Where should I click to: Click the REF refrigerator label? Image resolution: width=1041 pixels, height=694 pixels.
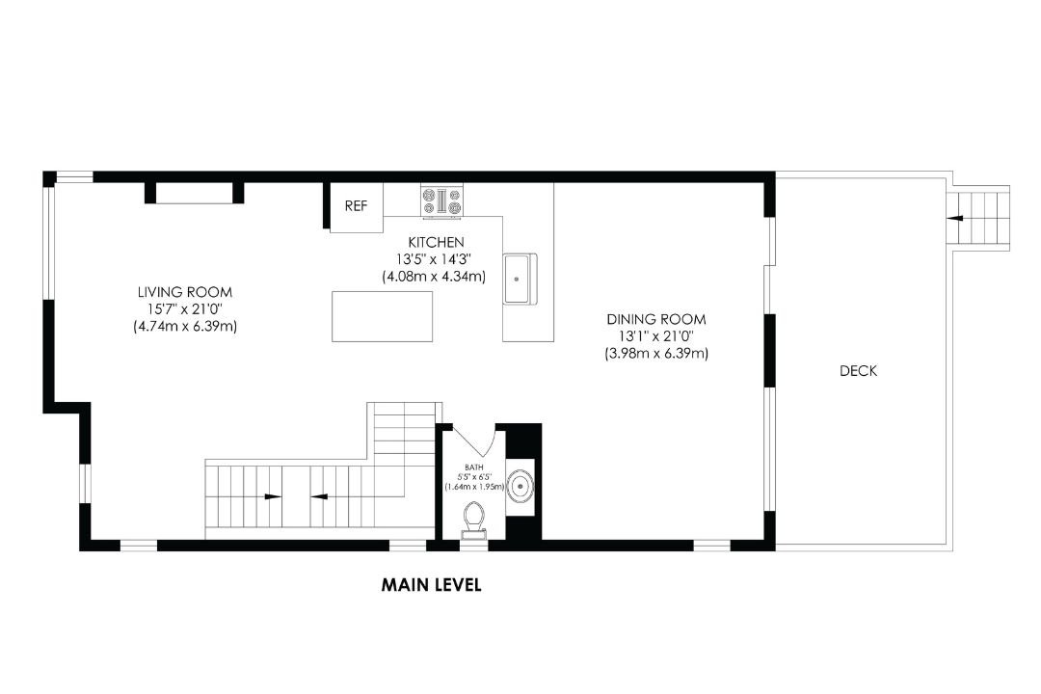tap(356, 206)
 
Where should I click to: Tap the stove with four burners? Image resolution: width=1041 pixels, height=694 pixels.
tap(442, 201)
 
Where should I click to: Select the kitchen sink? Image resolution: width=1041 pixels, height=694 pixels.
tap(520, 279)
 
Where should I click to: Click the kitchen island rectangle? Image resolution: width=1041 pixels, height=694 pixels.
tap(383, 316)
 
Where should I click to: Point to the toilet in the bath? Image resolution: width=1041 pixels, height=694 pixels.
tap(473, 520)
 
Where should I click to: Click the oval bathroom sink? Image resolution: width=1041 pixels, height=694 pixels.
tap(520, 486)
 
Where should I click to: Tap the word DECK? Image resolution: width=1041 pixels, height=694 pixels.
tap(859, 371)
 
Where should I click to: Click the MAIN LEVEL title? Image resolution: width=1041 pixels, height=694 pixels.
tap(431, 585)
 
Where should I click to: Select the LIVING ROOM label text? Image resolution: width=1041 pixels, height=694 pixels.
tap(185, 292)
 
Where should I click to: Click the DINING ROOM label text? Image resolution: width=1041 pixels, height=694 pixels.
tap(656, 319)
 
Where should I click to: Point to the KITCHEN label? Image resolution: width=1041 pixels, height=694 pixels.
tap(437, 242)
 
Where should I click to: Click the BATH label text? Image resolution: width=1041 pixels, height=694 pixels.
tap(474, 467)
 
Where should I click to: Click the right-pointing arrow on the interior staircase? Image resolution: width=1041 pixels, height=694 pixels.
tap(272, 496)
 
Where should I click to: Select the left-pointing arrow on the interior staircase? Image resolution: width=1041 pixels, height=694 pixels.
tap(319, 496)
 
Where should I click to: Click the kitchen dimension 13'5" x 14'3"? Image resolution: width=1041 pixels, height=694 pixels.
tap(434, 259)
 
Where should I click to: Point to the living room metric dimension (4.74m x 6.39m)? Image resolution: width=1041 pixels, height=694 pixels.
tap(185, 327)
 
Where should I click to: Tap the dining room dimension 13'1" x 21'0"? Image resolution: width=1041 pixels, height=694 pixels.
tap(656, 336)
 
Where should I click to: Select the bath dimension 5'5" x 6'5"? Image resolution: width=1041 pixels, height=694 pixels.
tap(474, 477)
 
